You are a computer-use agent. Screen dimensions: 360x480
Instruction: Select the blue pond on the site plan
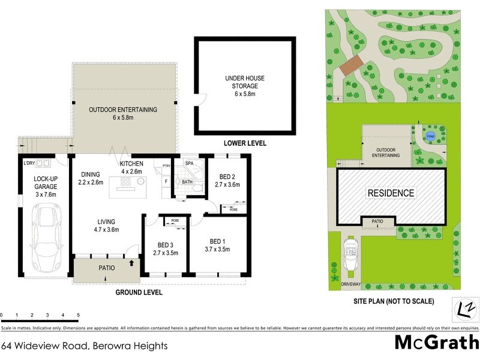click(430, 136)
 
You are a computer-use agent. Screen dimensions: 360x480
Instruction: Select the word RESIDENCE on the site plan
click(391, 193)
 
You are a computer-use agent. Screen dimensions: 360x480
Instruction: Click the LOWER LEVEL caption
click(244, 143)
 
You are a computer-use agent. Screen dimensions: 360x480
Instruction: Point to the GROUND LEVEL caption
click(139, 292)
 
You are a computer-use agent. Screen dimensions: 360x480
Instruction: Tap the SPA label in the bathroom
click(188, 163)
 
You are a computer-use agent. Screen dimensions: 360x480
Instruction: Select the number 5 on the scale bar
click(78, 314)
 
